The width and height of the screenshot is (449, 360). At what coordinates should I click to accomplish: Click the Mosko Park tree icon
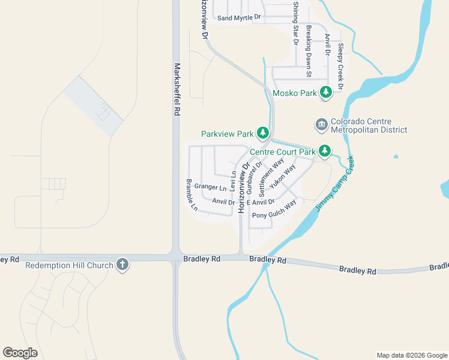[x=325, y=92]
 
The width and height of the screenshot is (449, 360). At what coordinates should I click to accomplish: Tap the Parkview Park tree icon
[x=262, y=133]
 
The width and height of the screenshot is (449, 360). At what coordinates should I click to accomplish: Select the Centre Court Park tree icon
[x=325, y=151]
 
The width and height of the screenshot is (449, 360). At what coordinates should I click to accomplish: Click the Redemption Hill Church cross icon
[x=122, y=265]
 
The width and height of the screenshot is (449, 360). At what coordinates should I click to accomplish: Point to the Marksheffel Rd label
[x=177, y=89]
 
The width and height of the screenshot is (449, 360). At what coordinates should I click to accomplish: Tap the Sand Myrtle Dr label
[x=240, y=18]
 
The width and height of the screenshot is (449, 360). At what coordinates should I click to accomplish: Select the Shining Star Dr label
[x=295, y=23]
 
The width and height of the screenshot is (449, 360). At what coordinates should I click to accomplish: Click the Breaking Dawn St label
[x=309, y=52]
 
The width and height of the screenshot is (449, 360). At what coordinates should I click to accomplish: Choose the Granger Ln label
[x=210, y=187]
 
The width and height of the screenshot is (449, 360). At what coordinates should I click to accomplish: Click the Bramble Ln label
[x=191, y=196]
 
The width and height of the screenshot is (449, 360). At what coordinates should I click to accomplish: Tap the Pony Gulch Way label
[x=274, y=211]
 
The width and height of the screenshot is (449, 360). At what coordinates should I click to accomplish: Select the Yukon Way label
[x=282, y=178]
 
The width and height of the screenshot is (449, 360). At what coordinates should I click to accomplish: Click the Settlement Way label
[x=271, y=178]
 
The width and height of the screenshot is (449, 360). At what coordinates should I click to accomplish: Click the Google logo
[x=20, y=353]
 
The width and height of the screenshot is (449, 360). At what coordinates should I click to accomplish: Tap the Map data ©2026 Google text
[x=412, y=355]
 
